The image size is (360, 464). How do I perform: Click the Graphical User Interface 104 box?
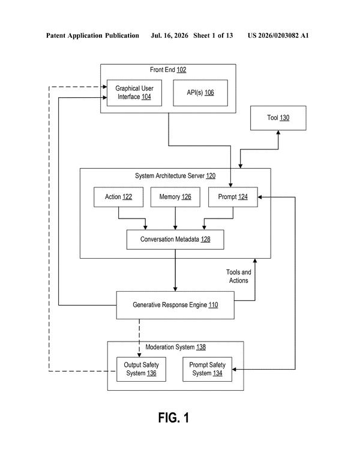pyautogui.click(x=134, y=93)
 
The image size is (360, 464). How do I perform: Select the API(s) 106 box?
pyautogui.click(x=200, y=93)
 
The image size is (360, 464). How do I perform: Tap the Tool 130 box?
pyautogui.click(x=278, y=118)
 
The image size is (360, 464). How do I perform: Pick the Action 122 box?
pyautogui.click(x=118, y=197)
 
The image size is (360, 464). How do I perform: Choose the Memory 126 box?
pyautogui.click(x=175, y=197)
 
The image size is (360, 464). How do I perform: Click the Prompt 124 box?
pyautogui.click(x=233, y=197)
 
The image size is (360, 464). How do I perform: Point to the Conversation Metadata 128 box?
pyautogui.click(x=175, y=240)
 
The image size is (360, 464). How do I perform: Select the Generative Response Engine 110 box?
pyautogui.click(x=175, y=305)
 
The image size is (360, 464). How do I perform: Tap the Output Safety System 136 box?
pyautogui.click(x=141, y=369)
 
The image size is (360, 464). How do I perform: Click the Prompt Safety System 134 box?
pyautogui.click(x=207, y=369)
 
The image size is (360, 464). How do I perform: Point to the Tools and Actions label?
pyautogui.click(x=238, y=276)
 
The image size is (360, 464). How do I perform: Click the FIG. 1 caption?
pyautogui.click(x=173, y=418)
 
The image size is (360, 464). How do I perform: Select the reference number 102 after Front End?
pyautogui.click(x=181, y=70)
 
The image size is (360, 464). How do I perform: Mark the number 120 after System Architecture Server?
pyautogui.click(x=211, y=176)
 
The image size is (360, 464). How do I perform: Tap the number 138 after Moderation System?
pyautogui.click(x=201, y=347)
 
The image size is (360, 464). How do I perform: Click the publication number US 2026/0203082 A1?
pyautogui.click(x=278, y=35)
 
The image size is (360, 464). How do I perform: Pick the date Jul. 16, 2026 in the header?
pyautogui.click(x=169, y=35)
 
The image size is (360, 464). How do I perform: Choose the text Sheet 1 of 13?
pyautogui.click(x=213, y=35)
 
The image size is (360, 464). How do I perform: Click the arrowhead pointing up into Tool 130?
pyautogui.click(x=278, y=133)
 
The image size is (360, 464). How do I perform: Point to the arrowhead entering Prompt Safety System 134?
pyautogui.click(x=234, y=369)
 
